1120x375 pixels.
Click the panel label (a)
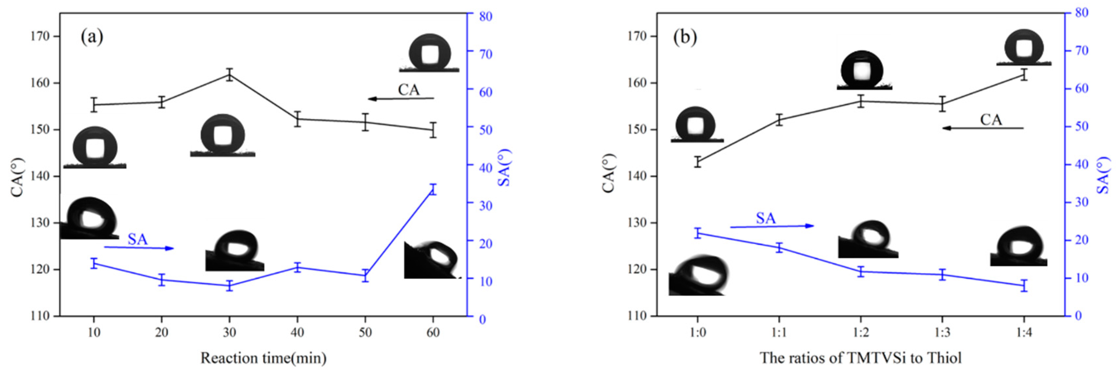[x=92, y=38]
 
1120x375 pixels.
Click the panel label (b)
[x=685, y=38]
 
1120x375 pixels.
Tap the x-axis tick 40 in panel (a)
[x=297, y=333]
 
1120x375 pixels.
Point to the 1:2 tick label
[x=860, y=333]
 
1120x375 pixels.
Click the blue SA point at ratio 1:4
[x=1024, y=286]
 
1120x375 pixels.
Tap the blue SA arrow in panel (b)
[x=772, y=226]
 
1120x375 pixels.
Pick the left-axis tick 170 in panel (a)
[x=40, y=36]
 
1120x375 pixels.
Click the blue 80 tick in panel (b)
[x=1081, y=13]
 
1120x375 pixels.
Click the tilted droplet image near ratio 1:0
[x=698, y=276]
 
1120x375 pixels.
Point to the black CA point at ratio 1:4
[x=1024, y=75]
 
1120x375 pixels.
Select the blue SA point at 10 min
[x=94, y=263]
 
